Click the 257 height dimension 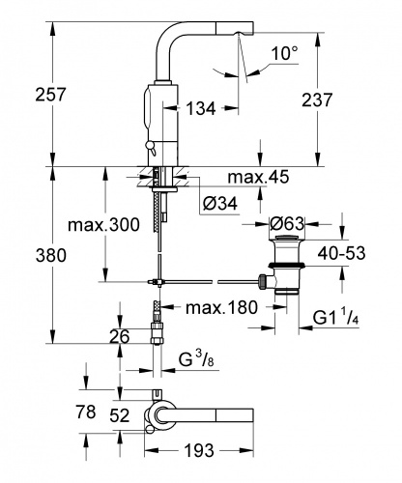click(50, 95)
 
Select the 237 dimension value click(317, 99)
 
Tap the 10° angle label click(285, 53)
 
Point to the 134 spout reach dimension click(201, 108)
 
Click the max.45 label click(258, 177)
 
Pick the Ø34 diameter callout click(220, 203)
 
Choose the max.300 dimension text click(103, 225)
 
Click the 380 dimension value click(51, 256)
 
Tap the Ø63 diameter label click(287, 223)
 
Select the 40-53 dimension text click(341, 253)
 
